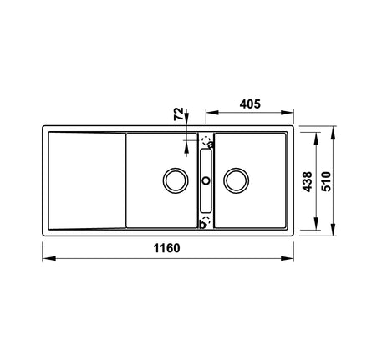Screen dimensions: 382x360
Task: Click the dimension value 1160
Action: pos(166,248)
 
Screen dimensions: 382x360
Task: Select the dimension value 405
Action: pos(250,104)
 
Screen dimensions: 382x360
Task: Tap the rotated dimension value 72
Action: pos(179,114)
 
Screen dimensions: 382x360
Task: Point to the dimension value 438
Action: pos(308,182)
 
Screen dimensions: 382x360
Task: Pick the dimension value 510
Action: pos(326,181)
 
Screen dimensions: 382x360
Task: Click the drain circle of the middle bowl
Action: pos(176,180)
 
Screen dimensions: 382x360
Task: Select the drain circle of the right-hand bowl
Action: pos(237,180)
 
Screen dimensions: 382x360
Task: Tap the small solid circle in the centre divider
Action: pos(206,180)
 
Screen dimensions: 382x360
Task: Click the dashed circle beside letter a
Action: pos(206,140)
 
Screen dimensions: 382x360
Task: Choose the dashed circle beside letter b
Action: pos(206,220)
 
